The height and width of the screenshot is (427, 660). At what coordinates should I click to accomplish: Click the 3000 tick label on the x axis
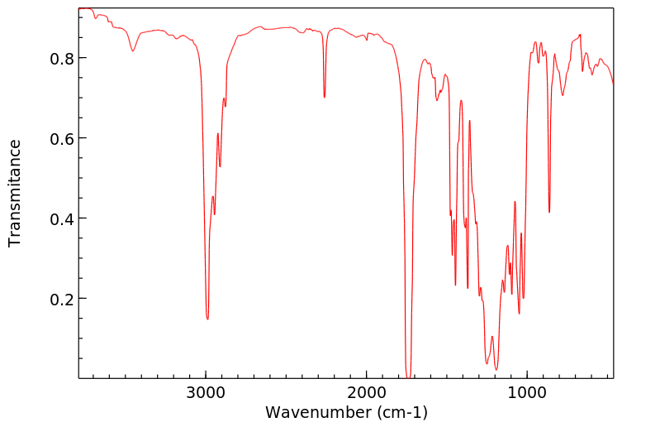click(x=206, y=391)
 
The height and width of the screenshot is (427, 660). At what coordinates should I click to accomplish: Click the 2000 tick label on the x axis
click(x=366, y=391)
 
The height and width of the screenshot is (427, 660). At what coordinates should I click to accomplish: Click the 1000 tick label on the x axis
click(x=526, y=391)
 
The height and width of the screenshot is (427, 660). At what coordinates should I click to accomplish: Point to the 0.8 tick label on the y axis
click(x=63, y=59)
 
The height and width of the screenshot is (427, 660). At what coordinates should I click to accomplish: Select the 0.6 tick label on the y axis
click(x=63, y=139)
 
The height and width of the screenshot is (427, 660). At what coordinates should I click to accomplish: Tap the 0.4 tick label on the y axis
click(x=63, y=219)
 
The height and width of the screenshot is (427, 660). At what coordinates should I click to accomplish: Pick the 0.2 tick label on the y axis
click(x=63, y=299)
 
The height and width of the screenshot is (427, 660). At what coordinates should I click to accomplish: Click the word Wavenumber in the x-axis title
click(x=319, y=411)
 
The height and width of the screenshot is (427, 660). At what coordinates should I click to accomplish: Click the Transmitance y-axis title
click(x=15, y=193)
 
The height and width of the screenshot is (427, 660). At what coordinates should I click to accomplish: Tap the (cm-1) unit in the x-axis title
click(x=402, y=411)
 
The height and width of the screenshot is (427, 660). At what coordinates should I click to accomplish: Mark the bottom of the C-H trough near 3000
click(x=207, y=319)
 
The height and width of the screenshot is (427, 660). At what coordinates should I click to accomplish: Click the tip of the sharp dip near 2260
click(x=325, y=97)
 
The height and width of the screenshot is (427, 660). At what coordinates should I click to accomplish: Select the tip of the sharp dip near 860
click(x=549, y=212)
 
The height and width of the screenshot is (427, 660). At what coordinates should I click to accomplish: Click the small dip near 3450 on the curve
click(x=133, y=51)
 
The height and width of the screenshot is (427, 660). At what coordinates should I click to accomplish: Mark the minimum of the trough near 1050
click(x=519, y=314)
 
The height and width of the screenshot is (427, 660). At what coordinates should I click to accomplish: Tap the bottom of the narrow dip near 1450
click(x=455, y=285)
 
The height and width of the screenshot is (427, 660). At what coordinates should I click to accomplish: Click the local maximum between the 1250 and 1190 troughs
click(x=491, y=336)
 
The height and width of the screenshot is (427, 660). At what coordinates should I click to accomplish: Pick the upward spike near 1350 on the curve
click(x=469, y=121)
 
